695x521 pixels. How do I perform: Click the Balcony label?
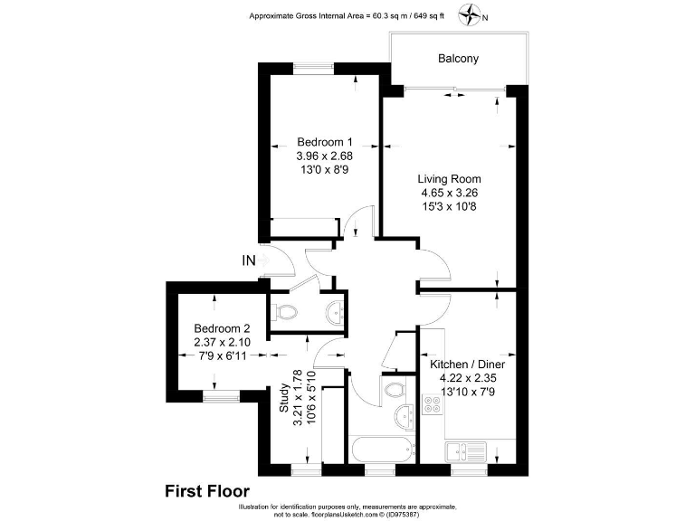pyautogui.click(x=458, y=59)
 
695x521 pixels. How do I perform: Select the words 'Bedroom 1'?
pyautogui.click(x=325, y=142)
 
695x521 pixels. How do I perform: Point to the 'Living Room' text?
pyautogui.click(x=449, y=178)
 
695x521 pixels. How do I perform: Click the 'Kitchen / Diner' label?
pyautogui.click(x=467, y=364)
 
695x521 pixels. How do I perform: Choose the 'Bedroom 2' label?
pyautogui.click(x=222, y=328)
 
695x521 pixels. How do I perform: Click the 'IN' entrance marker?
pyautogui.click(x=249, y=261)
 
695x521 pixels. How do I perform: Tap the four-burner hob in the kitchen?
pyautogui.click(x=432, y=405)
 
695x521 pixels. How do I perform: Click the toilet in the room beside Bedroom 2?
pyautogui.click(x=287, y=313)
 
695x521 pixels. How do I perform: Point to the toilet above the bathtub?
pyautogui.click(x=394, y=389)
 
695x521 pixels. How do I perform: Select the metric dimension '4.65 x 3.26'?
pyautogui.click(x=449, y=193)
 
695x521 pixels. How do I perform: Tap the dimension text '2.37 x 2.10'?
pyautogui.click(x=222, y=343)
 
